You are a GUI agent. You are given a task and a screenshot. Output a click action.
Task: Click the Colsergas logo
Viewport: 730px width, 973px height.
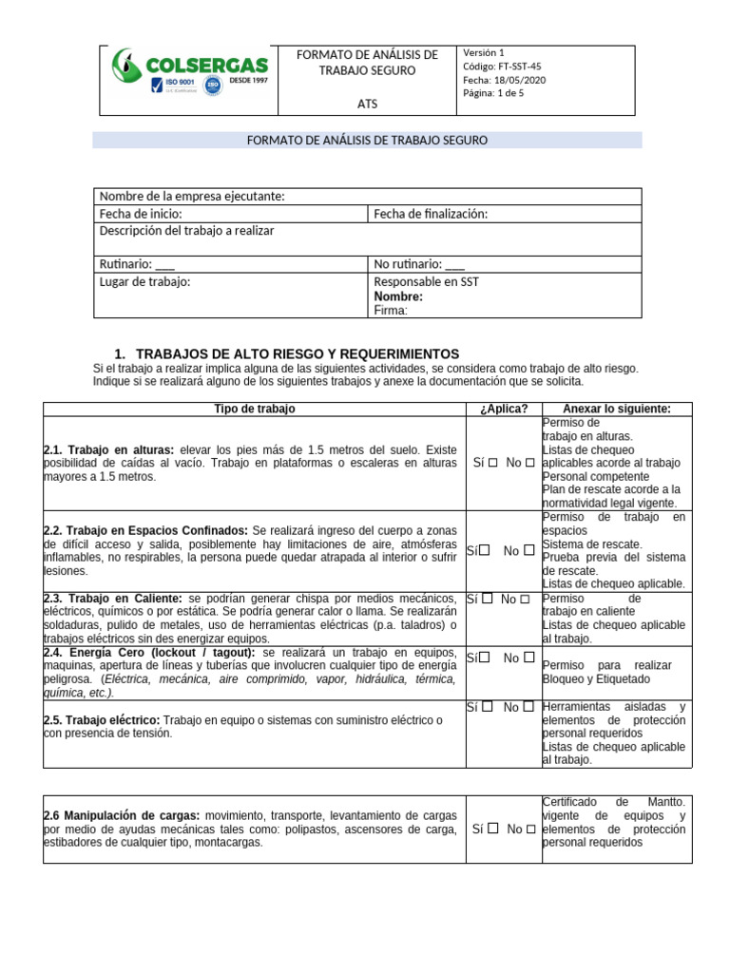point(189,72)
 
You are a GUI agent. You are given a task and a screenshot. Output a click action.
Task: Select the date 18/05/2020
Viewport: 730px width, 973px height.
point(504,80)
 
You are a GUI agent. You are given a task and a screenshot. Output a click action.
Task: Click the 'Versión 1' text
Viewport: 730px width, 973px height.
point(484,53)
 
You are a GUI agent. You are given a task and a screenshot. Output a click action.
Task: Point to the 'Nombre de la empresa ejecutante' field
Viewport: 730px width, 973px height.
point(192,196)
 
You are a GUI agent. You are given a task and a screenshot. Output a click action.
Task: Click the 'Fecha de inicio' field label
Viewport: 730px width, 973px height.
point(141,214)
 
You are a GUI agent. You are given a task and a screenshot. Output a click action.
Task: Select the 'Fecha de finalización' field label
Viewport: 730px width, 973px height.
point(430,214)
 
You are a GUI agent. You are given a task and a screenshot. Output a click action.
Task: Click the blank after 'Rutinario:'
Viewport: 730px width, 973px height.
point(164,264)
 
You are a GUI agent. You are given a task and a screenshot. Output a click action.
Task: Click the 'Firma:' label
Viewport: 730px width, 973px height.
point(391,310)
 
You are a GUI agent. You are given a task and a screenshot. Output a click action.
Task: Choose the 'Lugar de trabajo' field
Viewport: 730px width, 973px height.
point(144,282)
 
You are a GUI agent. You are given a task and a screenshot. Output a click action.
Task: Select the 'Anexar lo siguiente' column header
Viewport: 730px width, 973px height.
point(617,409)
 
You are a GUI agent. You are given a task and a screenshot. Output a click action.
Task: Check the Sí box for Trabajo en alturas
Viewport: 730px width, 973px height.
point(493,463)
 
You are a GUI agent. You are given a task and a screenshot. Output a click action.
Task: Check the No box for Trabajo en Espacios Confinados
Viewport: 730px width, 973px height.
point(529,550)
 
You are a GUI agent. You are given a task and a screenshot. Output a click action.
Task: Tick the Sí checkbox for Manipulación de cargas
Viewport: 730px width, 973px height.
point(493,829)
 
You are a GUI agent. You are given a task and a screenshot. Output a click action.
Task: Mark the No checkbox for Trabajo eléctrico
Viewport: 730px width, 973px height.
point(526,707)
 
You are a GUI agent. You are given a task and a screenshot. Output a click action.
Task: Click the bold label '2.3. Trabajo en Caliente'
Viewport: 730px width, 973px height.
point(113,599)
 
